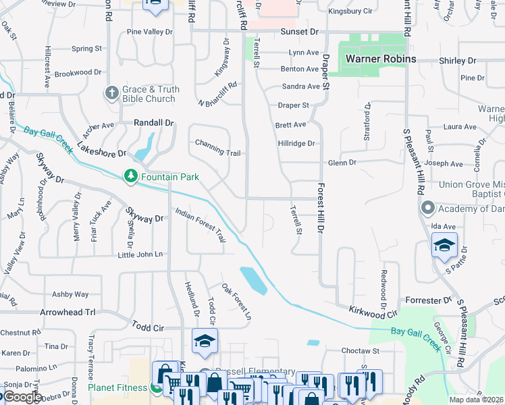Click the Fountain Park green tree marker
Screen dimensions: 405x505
point(130,176)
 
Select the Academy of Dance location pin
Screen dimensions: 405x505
point(427,207)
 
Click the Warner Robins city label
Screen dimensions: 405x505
point(380,59)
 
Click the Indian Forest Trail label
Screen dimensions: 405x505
point(200,225)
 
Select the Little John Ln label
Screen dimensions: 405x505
point(140,254)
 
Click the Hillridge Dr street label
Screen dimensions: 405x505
point(296,143)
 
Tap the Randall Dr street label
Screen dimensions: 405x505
point(154,123)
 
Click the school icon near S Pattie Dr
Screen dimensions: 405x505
point(444,244)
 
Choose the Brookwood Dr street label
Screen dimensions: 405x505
point(78,72)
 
